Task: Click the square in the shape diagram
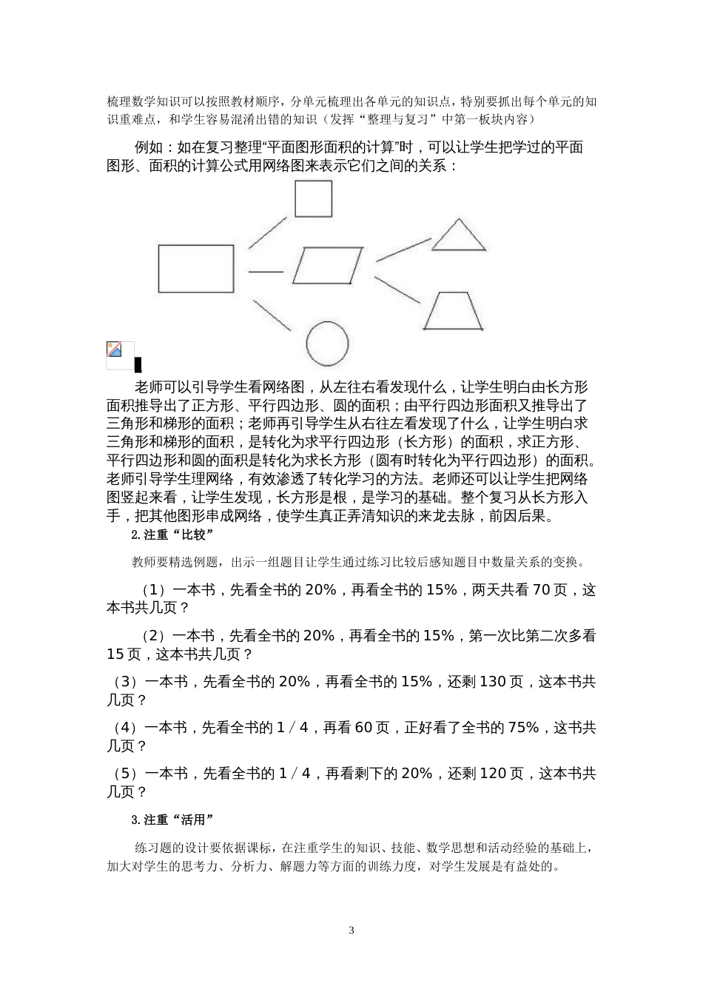coord(313,198)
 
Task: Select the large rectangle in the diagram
coord(196,269)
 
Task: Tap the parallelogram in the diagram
coord(328,266)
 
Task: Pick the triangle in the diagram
coord(459,236)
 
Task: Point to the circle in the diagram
coord(327,344)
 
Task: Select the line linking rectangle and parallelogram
coord(266,271)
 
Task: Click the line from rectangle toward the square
coord(267,232)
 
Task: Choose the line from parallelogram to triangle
coord(403,249)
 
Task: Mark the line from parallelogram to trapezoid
coord(397,290)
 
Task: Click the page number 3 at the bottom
coord(351,930)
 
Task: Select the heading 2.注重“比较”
coord(172,535)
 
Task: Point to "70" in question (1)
coord(541,590)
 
